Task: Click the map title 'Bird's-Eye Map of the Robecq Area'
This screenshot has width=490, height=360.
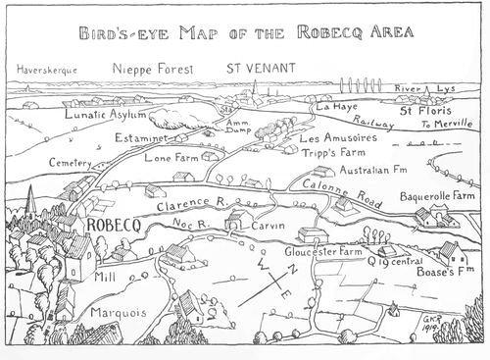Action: coord(245,32)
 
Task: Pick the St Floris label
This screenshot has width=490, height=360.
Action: coord(428,111)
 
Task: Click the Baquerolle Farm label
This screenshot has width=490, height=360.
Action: coord(437,196)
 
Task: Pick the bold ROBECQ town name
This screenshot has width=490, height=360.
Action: coord(117,224)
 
